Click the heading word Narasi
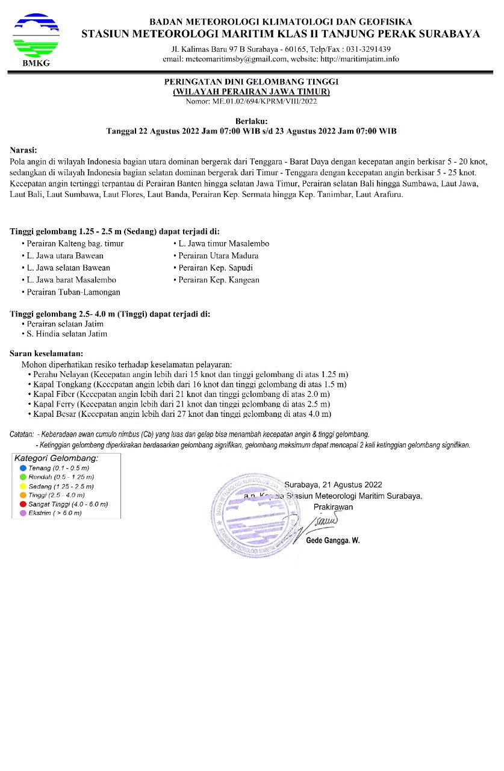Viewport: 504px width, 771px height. [x=23, y=149]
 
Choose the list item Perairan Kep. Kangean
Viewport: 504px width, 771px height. [x=219, y=280]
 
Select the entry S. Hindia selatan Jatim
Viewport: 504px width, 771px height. [x=66, y=333]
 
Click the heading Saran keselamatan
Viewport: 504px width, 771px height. [x=46, y=353]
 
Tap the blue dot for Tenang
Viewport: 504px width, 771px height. [x=23, y=468]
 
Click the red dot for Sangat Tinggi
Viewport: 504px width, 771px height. [x=23, y=504]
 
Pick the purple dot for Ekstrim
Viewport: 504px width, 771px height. [x=23, y=513]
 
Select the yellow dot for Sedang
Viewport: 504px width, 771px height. [x=23, y=486]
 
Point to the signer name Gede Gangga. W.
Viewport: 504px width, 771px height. [x=333, y=540]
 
